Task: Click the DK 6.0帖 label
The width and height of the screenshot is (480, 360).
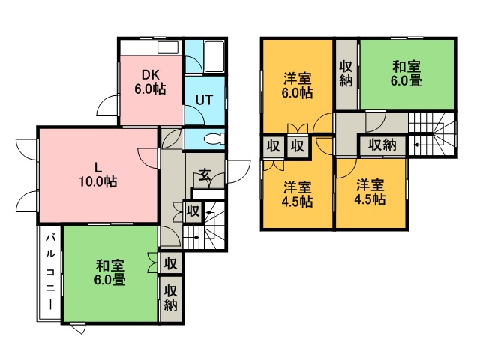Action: click(150, 82)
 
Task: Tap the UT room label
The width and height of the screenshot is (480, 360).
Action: click(205, 99)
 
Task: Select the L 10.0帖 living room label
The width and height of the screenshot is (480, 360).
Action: click(98, 173)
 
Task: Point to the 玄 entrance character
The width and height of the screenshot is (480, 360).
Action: click(204, 176)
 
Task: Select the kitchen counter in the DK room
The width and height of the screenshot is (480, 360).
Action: click(150, 46)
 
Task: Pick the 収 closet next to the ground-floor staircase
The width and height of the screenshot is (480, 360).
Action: click(193, 211)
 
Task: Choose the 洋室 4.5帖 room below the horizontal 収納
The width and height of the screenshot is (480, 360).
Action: click(370, 193)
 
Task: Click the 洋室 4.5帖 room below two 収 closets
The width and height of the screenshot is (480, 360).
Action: click(298, 194)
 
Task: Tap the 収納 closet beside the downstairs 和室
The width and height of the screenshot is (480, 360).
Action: click(171, 298)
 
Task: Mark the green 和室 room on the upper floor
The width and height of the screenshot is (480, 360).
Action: click(407, 73)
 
